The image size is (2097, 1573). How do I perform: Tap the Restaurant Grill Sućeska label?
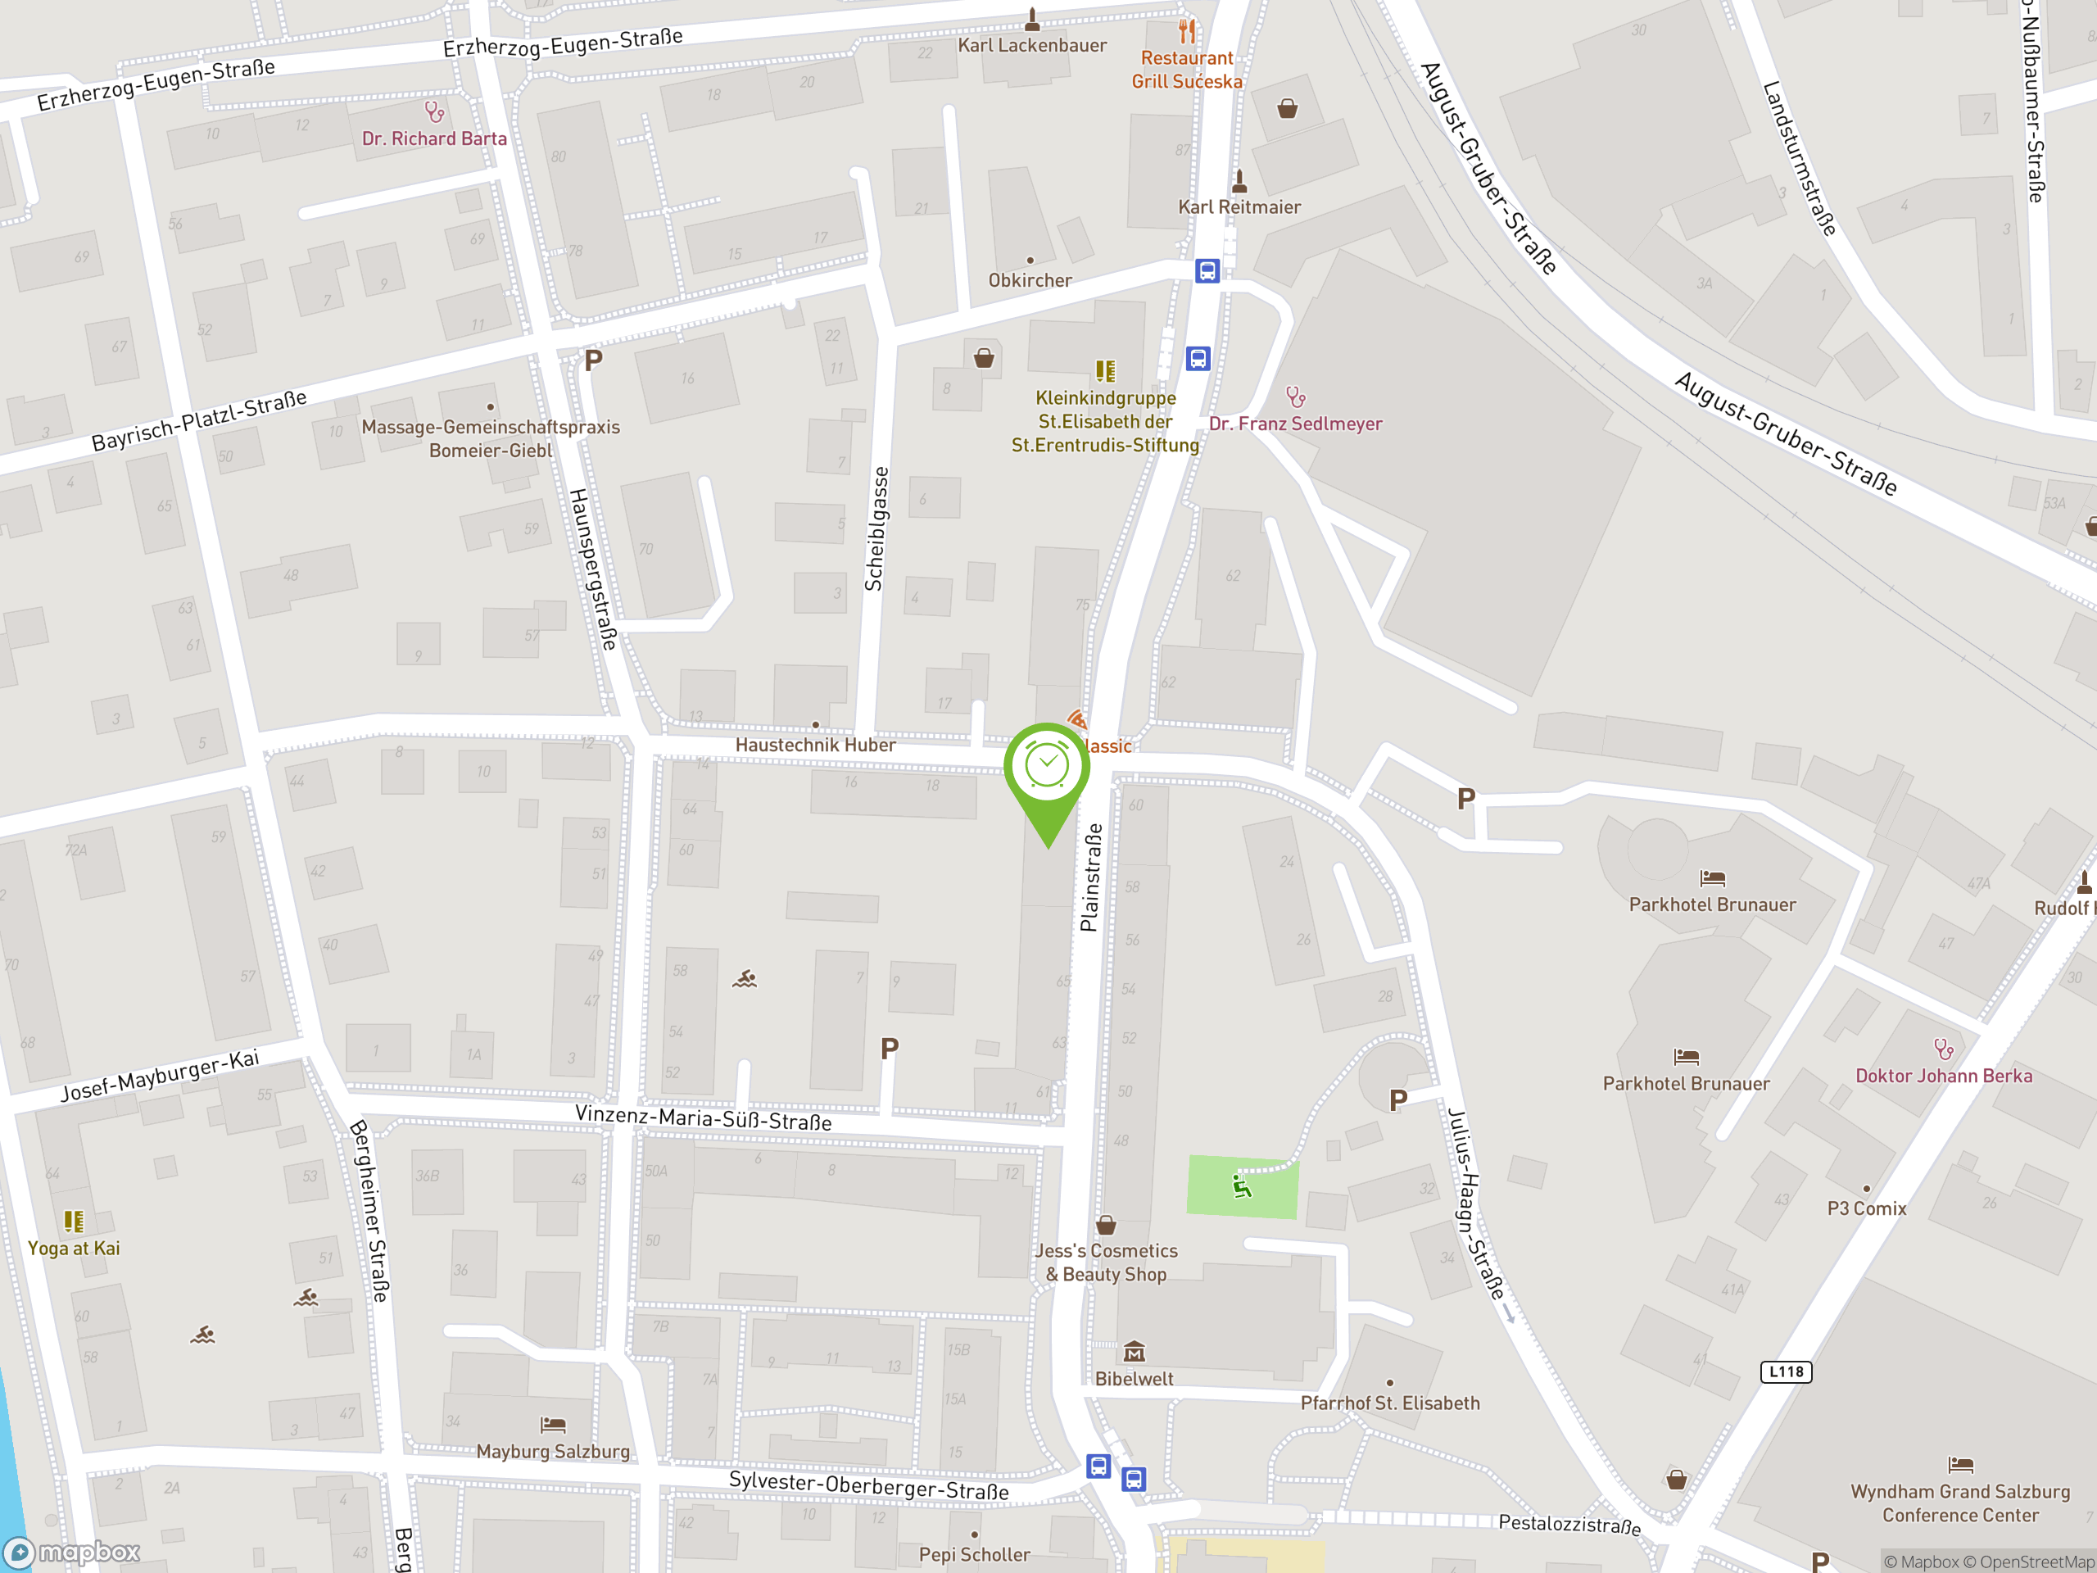point(1186,69)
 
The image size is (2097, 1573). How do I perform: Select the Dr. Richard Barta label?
point(434,138)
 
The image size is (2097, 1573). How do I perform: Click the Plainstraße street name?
point(1091,877)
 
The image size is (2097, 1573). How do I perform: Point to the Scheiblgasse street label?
point(877,529)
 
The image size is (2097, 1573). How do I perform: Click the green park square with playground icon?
point(1242,1186)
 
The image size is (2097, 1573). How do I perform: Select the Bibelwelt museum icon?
point(1134,1351)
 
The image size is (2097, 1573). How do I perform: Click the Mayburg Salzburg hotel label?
point(553,1451)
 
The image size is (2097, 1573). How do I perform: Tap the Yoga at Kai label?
point(74,1248)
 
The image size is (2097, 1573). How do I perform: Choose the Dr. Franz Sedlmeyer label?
point(1295,424)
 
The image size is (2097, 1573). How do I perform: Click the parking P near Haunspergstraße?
point(593,360)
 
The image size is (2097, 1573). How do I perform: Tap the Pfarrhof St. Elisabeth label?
point(1390,1403)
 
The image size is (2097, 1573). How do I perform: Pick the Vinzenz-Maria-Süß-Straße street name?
point(704,1117)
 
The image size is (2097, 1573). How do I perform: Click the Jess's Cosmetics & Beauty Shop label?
point(1107,1262)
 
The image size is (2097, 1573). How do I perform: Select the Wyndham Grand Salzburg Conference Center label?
point(1959,1503)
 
